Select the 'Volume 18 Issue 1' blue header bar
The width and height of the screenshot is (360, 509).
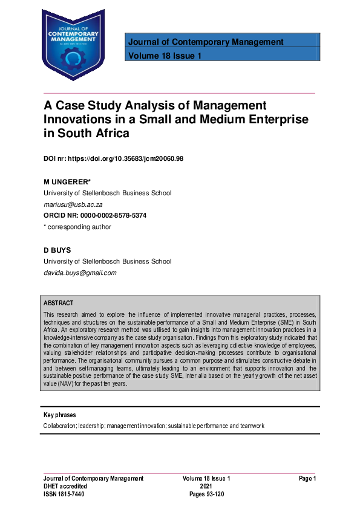point(221,56)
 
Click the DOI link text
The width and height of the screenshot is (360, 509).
point(113,158)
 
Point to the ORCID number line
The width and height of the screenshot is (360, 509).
point(94,216)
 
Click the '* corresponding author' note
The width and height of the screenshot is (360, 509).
point(77,227)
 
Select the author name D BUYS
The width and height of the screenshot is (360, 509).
point(56,250)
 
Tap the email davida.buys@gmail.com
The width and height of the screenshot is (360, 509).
point(80,273)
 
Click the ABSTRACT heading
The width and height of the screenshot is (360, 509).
point(59,303)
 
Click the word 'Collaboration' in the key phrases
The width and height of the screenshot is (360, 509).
point(61,426)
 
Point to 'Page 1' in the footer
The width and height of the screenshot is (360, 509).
point(307,478)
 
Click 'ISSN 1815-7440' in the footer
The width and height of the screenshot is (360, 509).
point(64,494)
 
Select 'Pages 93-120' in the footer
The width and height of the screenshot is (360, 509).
point(206,494)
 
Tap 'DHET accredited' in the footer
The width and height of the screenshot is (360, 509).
point(65,486)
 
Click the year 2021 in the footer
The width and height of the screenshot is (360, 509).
point(206,486)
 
